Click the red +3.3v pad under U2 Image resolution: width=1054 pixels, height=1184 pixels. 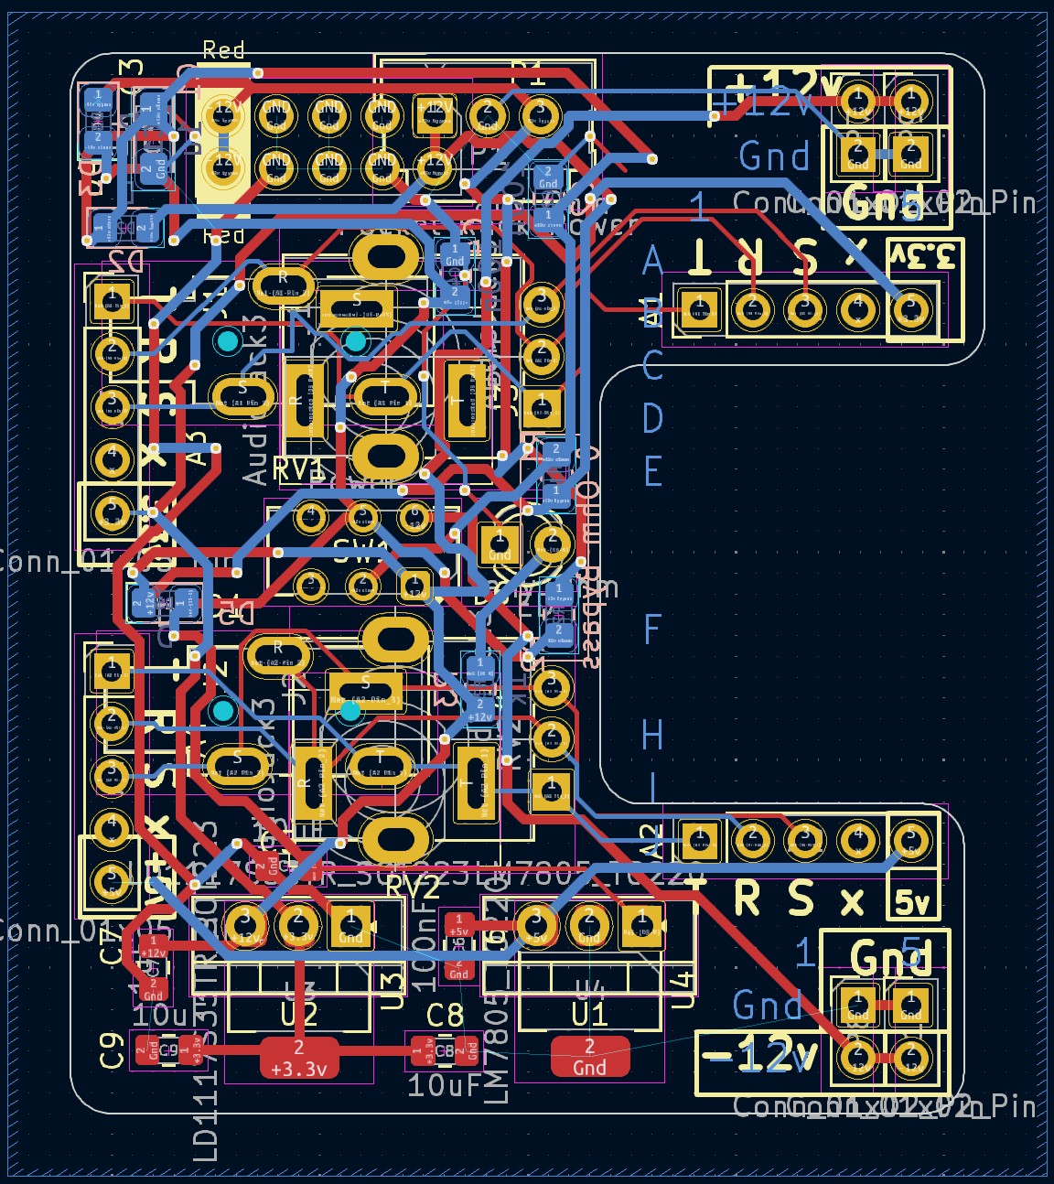point(299,1058)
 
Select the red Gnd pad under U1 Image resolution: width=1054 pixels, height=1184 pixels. point(590,1057)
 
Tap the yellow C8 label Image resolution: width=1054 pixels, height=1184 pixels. point(446,1015)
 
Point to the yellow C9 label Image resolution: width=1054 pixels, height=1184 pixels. point(112,1049)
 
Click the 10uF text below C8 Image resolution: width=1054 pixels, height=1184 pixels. point(445,1086)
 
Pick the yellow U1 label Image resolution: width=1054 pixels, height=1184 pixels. point(590,1015)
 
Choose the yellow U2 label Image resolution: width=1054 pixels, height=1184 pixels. point(299,1015)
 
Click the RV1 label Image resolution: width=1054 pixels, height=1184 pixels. point(298,469)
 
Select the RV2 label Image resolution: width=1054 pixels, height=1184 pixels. point(413,887)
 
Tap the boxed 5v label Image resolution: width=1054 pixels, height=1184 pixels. point(912,902)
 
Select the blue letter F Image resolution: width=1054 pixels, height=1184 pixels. point(652,630)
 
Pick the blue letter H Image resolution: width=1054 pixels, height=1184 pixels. point(652,734)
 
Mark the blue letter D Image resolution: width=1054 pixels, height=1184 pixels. point(652,418)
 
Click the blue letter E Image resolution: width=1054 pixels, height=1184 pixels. point(652,472)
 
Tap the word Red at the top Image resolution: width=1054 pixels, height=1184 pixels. point(223,50)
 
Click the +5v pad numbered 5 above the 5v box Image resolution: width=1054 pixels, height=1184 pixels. point(910,840)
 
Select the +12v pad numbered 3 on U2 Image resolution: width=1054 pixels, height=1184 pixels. point(245,920)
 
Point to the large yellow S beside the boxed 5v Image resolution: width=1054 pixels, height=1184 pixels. point(801,899)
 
